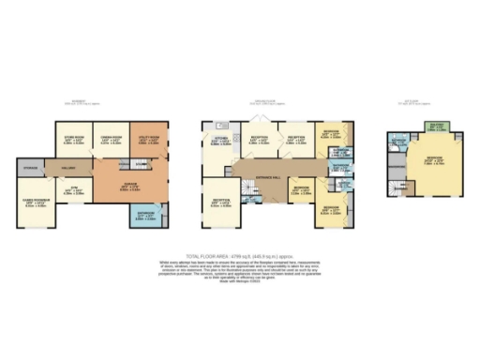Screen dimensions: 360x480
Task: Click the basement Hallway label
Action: click(68, 167)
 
